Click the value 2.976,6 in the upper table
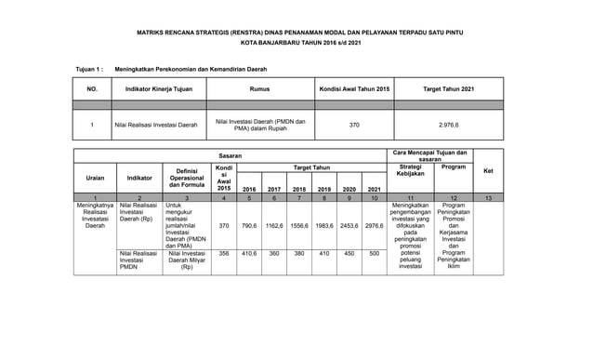(448, 124)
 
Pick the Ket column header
(489, 171)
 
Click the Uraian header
(95, 177)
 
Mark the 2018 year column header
(299, 187)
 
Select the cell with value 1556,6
(299, 226)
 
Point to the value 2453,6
(349, 226)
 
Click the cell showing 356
(223, 253)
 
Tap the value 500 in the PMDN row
(374, 253)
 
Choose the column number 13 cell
(489, 198)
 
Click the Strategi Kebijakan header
(409, 170)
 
